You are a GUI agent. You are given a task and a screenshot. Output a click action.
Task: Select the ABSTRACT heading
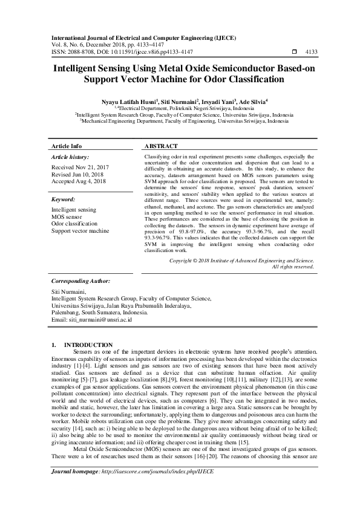coord(161,146)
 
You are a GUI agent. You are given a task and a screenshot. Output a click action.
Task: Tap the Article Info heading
coord(67,146)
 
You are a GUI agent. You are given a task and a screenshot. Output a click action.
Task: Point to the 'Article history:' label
coord(71,157)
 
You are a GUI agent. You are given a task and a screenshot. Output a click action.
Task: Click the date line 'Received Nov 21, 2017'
coord(80,167)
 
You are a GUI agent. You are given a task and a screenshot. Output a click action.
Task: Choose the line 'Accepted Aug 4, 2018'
coord(79,181)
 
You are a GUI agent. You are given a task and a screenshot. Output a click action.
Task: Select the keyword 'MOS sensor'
coord(67,216)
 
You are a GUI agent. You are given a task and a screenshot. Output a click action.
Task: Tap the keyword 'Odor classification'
coord(74,223)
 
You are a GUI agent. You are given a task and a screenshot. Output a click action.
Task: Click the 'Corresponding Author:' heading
coord(80,281)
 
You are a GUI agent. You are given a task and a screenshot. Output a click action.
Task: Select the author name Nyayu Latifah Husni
coord(129,102)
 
